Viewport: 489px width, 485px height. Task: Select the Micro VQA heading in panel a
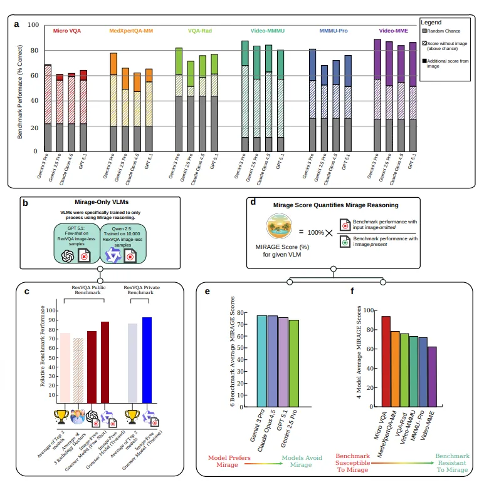tap(67, 30)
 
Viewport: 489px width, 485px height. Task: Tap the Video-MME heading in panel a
tap(393, 30)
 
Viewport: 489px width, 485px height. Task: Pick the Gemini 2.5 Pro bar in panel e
tap(293, 360)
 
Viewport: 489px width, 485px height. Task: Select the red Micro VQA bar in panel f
tap(386, 354)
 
